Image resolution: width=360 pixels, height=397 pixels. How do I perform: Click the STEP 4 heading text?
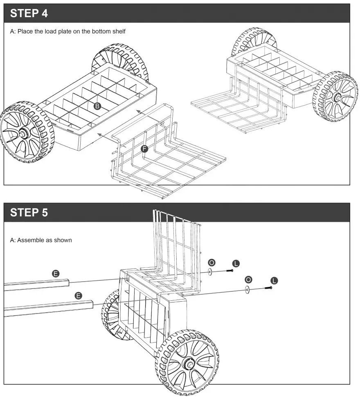click(29, 13)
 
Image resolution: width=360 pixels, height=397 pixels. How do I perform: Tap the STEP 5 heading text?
click(29, 212)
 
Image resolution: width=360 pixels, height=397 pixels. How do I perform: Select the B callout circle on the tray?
click(97, 106)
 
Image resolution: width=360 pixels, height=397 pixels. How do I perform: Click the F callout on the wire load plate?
click(144, 149)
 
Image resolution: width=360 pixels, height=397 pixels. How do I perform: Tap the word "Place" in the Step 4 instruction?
click(26, 32)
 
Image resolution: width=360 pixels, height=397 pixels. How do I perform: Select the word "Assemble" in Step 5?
click(31, 240)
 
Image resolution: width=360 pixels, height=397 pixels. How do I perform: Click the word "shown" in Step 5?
click(63, 240)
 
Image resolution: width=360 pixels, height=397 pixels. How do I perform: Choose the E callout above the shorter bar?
click(56, 273)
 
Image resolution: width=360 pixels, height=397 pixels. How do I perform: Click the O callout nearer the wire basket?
click(211, 262)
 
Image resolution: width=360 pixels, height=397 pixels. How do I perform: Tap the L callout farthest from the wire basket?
click(274, 280)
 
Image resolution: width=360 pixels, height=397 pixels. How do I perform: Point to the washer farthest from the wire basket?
click(247, 289)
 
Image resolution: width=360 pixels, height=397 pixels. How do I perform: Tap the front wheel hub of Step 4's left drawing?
click(22, 132)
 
